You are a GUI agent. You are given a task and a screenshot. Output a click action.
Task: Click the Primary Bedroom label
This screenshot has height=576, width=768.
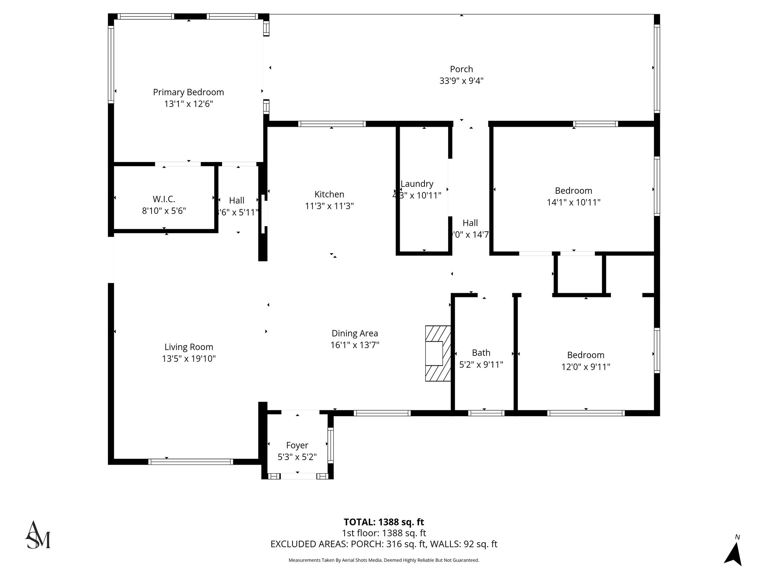[x=188, y=92]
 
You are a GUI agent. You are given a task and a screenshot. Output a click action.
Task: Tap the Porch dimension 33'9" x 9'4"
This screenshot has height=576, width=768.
[x=461, y=81]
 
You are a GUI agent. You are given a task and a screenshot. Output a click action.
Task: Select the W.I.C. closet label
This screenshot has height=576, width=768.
[x=164, y=199]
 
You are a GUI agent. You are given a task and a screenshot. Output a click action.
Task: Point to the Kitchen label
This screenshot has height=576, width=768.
[x=329, y=194]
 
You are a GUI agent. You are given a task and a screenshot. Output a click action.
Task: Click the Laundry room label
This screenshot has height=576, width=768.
[x=417, y=184]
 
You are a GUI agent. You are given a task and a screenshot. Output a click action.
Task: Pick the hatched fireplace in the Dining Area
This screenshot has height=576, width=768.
[x=438, y=353]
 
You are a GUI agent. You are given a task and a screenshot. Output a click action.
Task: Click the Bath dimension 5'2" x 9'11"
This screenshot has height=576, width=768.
[x=481, y=364]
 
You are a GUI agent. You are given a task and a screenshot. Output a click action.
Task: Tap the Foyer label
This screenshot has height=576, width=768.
[x=297, y=445]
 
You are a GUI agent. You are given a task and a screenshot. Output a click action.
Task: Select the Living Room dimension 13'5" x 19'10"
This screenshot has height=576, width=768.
[x=189, y=359]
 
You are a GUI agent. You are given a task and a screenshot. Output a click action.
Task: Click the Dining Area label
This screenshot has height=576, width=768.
[x=355, y=333]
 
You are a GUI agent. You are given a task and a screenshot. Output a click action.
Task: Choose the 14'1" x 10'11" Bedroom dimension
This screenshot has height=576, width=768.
[x=573, y=202]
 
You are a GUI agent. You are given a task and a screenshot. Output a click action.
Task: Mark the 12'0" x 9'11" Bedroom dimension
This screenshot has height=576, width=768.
[x=585, y=367]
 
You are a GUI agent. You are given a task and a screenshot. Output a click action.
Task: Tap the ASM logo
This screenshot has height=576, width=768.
[x=37, y=535]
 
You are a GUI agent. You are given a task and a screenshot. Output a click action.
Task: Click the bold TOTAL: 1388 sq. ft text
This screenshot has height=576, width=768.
[x=384, y=522]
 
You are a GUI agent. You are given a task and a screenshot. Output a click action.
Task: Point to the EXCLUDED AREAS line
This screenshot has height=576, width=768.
[x=384, y=544]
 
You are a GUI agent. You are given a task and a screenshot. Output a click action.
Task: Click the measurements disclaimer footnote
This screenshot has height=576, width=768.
[x=384, y=560]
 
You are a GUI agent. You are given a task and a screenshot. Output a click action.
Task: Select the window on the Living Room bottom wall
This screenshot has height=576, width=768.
[x=190, y=462]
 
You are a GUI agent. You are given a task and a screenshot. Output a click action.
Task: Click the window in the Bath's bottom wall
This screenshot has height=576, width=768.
[x=486, y=413]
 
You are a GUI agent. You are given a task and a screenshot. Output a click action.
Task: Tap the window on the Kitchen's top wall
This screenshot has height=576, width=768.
[x=332, y=124]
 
